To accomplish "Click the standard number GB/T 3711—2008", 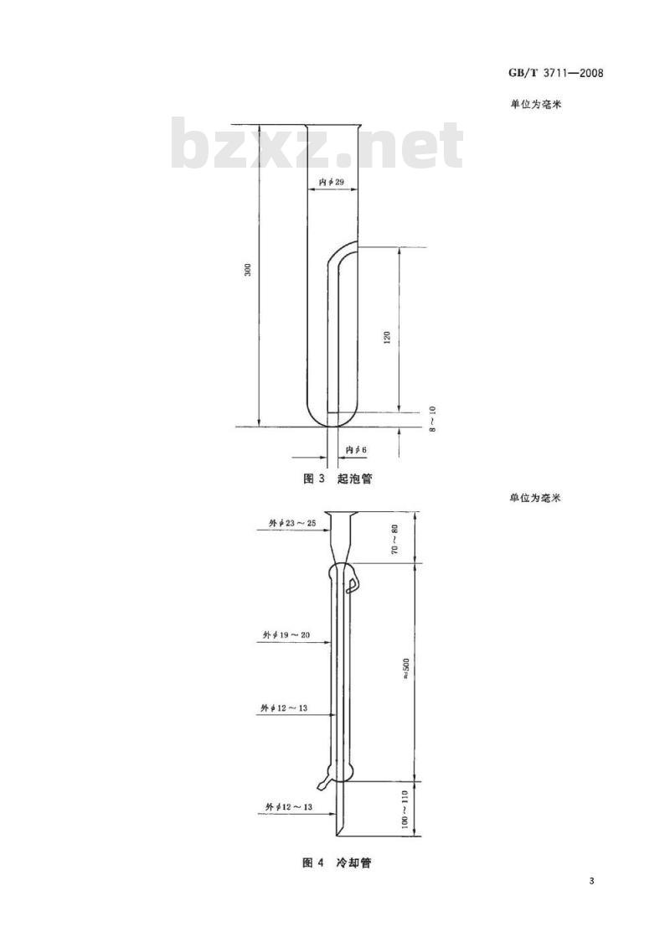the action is coord(555,73).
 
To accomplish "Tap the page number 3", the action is coord(591,882).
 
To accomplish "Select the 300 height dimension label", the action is coord(248,270).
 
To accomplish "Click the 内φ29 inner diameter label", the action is coord(332,182).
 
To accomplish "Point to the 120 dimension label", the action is coord(388,338).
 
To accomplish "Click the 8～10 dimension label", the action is coord(432,419).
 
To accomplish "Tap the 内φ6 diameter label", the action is coord(356,450).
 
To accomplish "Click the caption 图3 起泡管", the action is coord(338,479).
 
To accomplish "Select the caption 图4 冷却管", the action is coord(337,862).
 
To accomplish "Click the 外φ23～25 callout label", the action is coord(292,523).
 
